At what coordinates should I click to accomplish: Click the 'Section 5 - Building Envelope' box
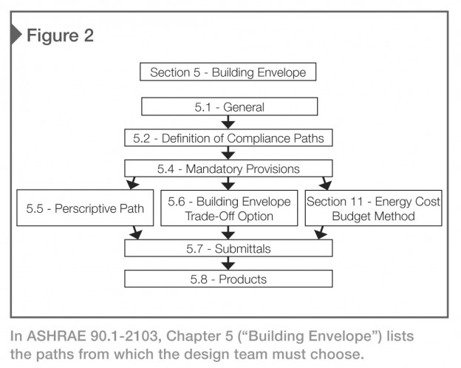[228, 72]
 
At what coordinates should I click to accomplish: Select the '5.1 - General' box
[229, 106]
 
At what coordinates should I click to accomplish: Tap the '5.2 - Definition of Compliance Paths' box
[228, 137]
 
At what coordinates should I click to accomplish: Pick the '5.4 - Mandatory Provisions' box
[228, 168]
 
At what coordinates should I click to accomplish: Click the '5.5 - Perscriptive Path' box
[85, 208]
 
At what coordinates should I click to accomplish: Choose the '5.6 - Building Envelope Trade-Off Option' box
[229, 208]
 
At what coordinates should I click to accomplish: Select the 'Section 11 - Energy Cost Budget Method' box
[373, 208]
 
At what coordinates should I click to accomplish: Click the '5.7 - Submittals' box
[228, 248]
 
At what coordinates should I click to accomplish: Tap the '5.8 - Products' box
[228, 279]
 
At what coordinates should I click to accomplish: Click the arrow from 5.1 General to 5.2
[228, 122]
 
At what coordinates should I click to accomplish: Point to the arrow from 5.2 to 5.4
[228, 153]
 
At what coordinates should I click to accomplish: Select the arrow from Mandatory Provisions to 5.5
[132, 183]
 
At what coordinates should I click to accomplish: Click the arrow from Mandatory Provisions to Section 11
[325, 183]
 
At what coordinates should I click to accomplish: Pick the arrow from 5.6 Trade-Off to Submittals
[228, 233]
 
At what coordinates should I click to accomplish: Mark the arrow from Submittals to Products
[228, 263]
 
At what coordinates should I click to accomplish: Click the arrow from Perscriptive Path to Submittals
[136, 233]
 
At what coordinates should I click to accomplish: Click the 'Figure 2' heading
[60, 35]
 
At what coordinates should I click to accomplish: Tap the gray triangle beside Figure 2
[16, 35]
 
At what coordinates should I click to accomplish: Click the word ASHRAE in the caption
[56, 335]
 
